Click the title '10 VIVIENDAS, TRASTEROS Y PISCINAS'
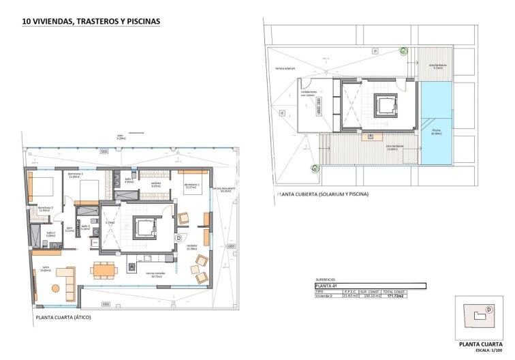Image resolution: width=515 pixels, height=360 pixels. point(91,21)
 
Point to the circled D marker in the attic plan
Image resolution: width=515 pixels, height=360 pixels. point(178,238)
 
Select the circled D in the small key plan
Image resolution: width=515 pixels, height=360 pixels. point(488,310)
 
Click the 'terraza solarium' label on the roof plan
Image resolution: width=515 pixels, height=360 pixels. point(285,69)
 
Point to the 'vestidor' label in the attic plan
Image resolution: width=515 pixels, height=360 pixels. point(155,184)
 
